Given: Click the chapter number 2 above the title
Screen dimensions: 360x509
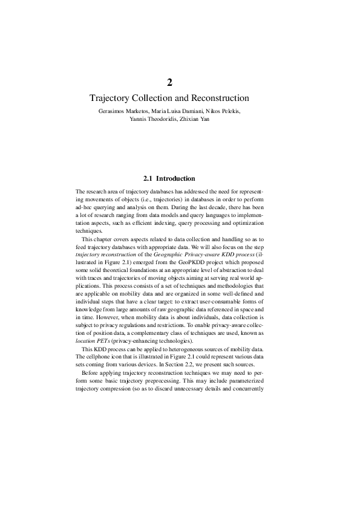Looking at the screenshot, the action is (170, 82).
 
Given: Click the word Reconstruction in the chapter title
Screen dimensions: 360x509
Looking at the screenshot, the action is (219, 97).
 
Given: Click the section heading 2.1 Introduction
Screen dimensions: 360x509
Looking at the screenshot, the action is (169, 178).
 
